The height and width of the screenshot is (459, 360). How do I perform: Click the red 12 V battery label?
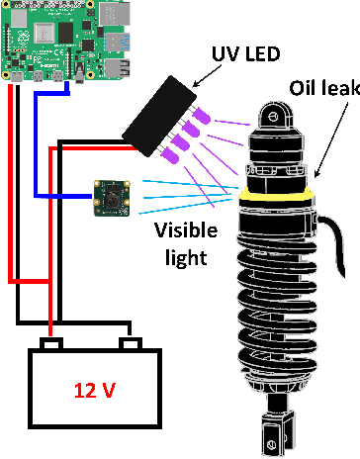point(95,391)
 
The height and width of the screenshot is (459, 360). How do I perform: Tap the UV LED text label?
point(245,53)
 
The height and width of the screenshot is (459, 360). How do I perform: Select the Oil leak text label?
point(324,88)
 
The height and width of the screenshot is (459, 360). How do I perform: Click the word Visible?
point(186,230)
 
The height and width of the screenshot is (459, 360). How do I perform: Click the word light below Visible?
point(186,257)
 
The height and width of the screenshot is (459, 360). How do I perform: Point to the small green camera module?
point(112,198)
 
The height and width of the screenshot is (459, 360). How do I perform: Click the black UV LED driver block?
point(159,116)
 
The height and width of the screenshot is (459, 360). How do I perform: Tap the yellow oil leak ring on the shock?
point(276,195)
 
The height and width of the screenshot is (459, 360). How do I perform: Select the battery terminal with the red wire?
point(51,343)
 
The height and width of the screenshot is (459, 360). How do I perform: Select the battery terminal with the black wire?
point(131,343)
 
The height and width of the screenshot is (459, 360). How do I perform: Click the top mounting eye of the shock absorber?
point(275,116)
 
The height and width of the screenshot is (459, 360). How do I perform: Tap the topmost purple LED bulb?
point(202,116)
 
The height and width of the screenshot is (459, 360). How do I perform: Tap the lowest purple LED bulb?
point(170,155)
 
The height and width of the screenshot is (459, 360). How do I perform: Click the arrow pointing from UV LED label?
point(207,76)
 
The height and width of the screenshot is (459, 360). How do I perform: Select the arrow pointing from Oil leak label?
point(331,140)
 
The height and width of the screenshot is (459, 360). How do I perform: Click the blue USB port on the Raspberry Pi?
point(117,43)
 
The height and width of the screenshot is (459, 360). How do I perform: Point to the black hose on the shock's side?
point(333,242)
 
